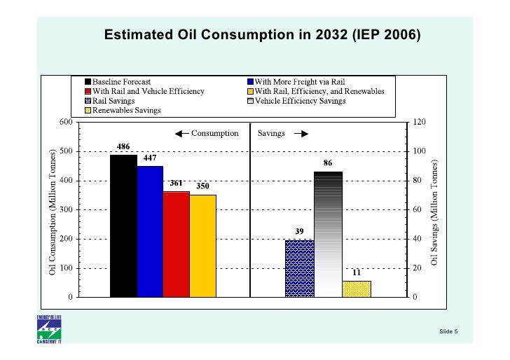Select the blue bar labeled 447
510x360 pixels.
(150, 231)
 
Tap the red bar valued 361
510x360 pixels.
(176, 244)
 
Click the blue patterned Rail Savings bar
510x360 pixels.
(299, 268)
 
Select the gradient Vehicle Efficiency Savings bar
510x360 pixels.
(328, 234)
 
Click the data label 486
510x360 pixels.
(123, 146)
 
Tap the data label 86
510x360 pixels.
(328, 162)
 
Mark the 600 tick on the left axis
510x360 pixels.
(66, 122)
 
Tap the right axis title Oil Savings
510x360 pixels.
(434, 210)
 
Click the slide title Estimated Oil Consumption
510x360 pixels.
(261, 35)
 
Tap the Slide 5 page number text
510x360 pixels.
(448, 331)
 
